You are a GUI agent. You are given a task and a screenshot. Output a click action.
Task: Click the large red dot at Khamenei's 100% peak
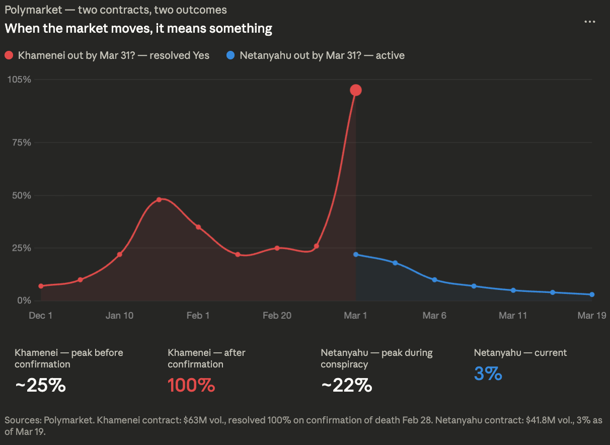click(356, 90)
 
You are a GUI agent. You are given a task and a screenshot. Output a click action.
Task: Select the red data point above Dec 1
click(41, 286)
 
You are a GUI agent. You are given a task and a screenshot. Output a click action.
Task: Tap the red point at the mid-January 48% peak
click(159, 200)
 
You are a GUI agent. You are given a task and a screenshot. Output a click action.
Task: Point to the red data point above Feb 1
click(198, 227)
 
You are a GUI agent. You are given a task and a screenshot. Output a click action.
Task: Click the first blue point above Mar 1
click(356, 254)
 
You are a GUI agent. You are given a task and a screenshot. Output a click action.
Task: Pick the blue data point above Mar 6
click(434, 280)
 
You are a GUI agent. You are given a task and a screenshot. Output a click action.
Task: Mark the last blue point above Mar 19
click(592, 294)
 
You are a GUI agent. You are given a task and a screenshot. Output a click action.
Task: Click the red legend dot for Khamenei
click(9, 55)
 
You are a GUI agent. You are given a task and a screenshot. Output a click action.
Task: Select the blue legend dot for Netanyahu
click(231, 55)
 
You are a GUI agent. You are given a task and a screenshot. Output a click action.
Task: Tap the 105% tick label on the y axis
click(19, 80)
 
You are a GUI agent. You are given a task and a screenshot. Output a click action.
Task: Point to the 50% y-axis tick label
click(21, 195)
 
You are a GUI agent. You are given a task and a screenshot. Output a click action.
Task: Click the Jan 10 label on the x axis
click(119, 316)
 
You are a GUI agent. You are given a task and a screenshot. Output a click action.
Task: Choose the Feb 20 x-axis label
click(277, 316)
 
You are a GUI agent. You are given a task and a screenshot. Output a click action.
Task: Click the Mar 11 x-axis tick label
click(513, 316)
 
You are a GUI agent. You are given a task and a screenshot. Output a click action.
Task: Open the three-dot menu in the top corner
click(589, 22)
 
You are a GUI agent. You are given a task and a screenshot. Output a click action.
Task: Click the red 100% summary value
click(191, 386)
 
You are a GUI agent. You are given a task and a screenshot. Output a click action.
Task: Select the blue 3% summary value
click(488, 374)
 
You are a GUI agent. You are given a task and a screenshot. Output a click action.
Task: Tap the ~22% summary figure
click(346, 386)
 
